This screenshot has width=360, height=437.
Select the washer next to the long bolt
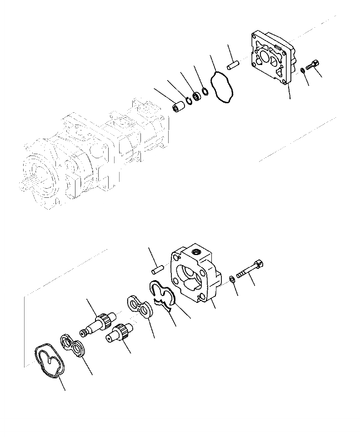232,279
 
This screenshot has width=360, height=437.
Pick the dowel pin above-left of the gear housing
155,270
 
